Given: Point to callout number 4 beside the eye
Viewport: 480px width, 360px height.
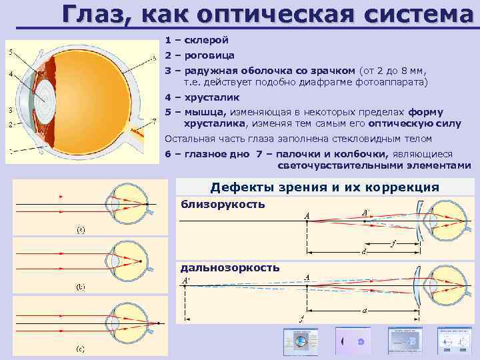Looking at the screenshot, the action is click(x=10, y=73).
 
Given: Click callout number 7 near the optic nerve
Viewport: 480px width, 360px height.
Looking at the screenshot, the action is click(x=155, y=121).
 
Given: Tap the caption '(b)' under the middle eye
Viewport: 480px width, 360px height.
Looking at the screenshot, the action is click(x=79, y=288).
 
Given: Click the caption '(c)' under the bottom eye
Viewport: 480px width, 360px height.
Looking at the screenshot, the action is click(x=79, y=349).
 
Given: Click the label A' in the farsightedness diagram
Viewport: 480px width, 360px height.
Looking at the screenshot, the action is click(x=186, y=281).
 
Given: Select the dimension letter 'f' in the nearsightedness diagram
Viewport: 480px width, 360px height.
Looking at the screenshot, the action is click(x=394, y=245).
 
